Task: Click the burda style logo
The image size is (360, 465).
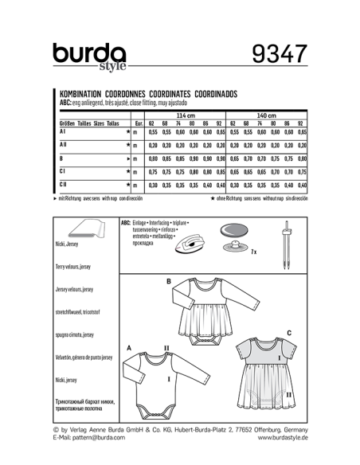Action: point(90,56)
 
